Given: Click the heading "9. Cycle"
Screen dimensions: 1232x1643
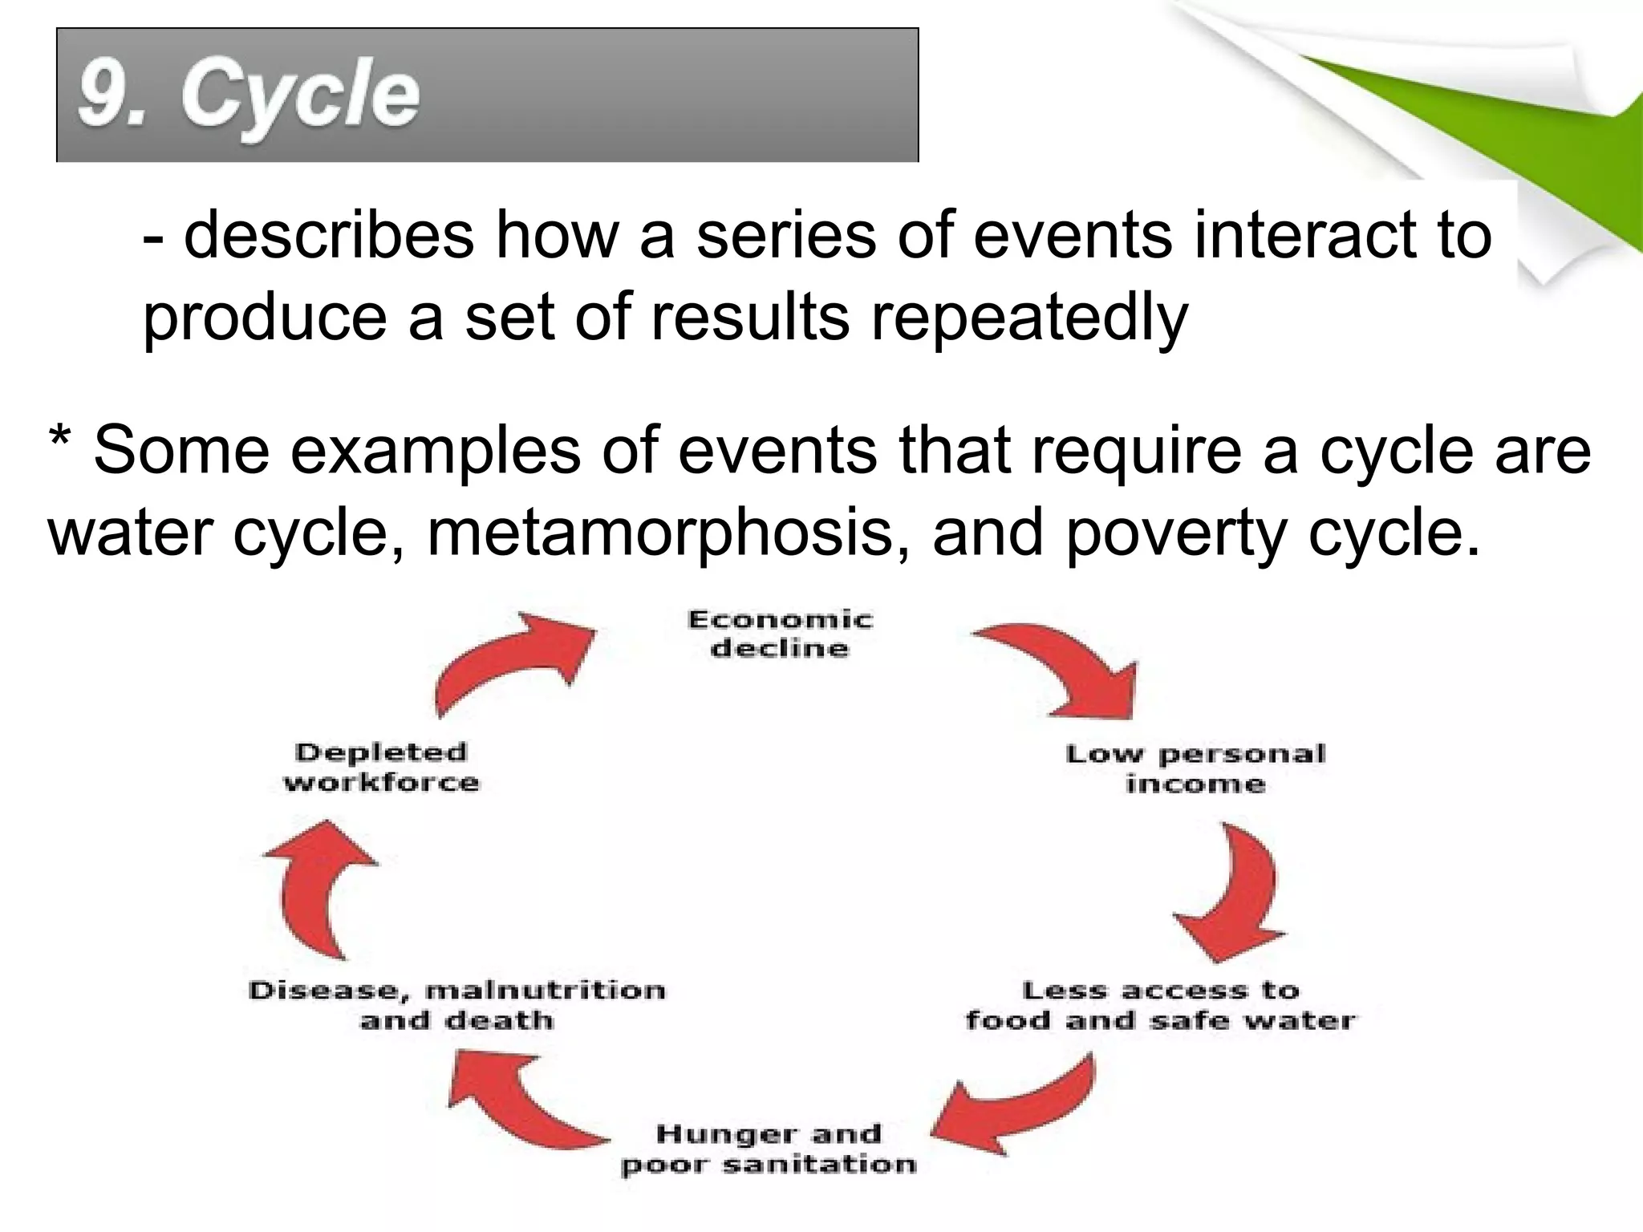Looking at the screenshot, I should [249, 96].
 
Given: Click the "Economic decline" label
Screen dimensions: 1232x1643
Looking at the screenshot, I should [780, 634].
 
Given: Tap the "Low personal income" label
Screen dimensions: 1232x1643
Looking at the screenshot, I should [1195, 768].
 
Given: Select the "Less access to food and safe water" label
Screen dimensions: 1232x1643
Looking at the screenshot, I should [1160, 1006].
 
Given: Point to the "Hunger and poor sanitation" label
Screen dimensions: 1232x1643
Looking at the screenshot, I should [769, 1149].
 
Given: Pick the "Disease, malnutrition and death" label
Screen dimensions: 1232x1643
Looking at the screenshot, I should [456, 1005].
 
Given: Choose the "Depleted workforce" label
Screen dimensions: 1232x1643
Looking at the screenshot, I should [381, 767].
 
